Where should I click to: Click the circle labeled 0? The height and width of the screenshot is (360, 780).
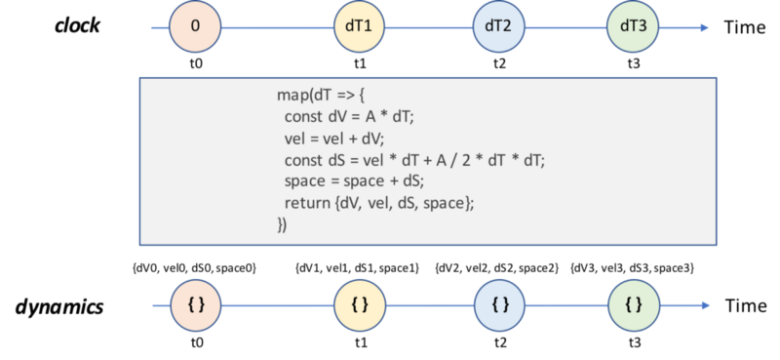[195, 26]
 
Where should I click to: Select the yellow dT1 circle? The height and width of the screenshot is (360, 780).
[359, 26]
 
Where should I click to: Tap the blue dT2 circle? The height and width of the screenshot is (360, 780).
[498, 26]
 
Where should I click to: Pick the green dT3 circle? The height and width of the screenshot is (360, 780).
[633, 26]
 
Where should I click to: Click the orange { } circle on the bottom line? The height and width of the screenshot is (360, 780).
[196, 305]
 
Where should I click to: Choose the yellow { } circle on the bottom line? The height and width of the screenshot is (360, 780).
[360, 305]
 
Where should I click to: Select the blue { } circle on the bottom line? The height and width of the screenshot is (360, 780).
[500, 305]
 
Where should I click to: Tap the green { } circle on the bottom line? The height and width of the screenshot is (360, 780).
[634, 305]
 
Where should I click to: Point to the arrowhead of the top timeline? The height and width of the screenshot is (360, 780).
[705, 26]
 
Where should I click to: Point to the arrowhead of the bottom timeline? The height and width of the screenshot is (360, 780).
[705, 305]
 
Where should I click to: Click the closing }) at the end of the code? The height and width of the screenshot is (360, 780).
[283, 224]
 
